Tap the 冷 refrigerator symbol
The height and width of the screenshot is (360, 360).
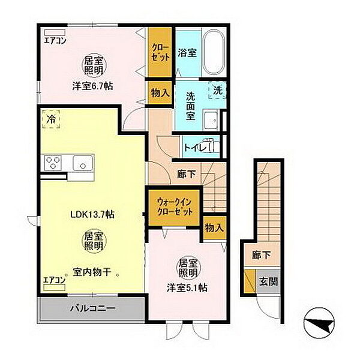click(x=51, y=119)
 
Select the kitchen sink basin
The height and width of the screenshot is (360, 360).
click(x=83, y=163)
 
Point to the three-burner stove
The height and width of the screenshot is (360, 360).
click(x=53, y=163)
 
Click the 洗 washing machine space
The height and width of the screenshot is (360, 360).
click(x=217, y=90)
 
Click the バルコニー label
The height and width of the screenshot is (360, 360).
click(x=92, y=308)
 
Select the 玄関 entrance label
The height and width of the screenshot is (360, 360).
click(x=268, y=281)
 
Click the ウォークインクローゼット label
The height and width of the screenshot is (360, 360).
click(x=174, y=207)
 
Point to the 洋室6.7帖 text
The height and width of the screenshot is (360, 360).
click(x=92, y=86)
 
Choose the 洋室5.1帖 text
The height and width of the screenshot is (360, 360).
click(x=187, y=287)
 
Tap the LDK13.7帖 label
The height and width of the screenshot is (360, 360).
click(x=92, y=214)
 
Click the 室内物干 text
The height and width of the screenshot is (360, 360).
click(x=92, y=272)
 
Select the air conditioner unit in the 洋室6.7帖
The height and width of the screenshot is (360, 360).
click(x=55, y=32)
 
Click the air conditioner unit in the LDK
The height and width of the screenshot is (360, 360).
click(x=55, y=287)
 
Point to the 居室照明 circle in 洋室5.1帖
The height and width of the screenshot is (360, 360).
click(x=188, y=268)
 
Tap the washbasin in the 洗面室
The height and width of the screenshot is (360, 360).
click(x=211, y=121)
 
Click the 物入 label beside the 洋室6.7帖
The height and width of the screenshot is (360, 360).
click(x=160, y=93)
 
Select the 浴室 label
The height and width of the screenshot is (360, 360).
click(x=187, y=53)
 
